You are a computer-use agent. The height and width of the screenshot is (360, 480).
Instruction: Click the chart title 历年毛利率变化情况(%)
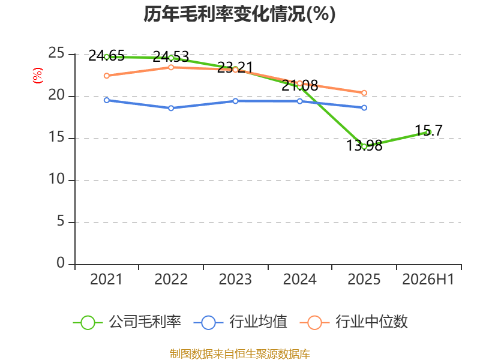tap(239, 14)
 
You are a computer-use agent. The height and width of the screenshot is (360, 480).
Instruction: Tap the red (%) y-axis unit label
tap(38, 76)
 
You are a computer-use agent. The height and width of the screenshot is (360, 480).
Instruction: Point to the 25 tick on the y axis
tap(56, 53)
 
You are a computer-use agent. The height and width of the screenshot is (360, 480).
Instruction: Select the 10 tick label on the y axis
tap(56, 179)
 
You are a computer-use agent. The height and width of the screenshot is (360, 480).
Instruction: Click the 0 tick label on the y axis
tap(61, 263)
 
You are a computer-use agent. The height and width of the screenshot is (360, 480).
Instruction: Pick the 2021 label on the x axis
tap(106, 280)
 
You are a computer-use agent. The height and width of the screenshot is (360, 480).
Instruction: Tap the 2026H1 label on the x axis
tap(428, 280)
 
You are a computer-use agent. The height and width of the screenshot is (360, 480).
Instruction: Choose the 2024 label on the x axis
tap(299, 280)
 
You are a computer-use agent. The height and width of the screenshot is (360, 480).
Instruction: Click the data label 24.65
tap(107, 56)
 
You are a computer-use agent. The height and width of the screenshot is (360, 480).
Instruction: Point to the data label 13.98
tap(364, 146)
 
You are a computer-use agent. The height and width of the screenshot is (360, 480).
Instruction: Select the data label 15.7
tap(429, 131)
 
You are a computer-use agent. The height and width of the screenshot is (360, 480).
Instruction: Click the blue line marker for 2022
tap(171, 108)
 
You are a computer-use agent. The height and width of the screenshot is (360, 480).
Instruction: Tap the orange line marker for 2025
tap(364, 93)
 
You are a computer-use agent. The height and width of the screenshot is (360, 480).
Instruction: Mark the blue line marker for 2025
tap(364, 108)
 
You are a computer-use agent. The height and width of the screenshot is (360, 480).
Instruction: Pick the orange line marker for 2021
tap(107, 76)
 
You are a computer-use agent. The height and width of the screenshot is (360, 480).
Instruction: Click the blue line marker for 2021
tap(107, 100)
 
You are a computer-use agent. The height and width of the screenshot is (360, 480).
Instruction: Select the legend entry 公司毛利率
tap(127, 322)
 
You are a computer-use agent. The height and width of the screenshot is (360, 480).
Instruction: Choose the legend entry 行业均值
tap(241, 322)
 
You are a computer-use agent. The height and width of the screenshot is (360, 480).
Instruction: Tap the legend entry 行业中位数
tap(354, 322)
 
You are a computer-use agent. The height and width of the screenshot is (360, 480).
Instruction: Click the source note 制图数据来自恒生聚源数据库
tap(240, 354)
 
